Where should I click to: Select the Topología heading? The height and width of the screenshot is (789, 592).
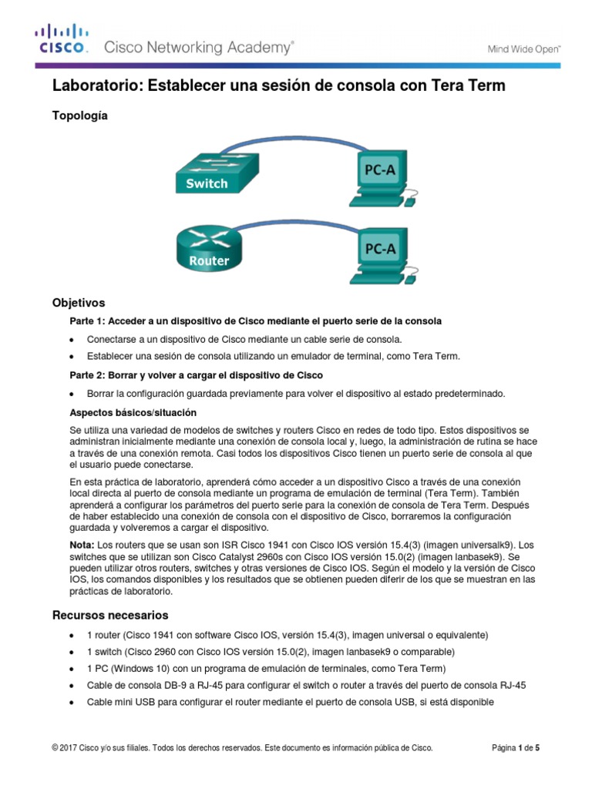[x=79, y=116]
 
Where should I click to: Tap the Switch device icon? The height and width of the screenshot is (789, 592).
[x=207, y=170]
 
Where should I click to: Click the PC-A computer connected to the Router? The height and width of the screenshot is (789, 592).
[x=381, y=255]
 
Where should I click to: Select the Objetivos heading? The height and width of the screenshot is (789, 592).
[x=78, y=303]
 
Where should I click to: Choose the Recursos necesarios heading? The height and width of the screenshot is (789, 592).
[x=110, y=615]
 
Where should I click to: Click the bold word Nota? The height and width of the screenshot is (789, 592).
[x=82, y=544]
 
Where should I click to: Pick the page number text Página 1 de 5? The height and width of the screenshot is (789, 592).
[x=520, y=747]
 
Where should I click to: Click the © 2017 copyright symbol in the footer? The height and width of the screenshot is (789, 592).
[x=55, y=747]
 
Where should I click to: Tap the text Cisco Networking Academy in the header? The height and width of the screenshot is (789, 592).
[x=198, y=48]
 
